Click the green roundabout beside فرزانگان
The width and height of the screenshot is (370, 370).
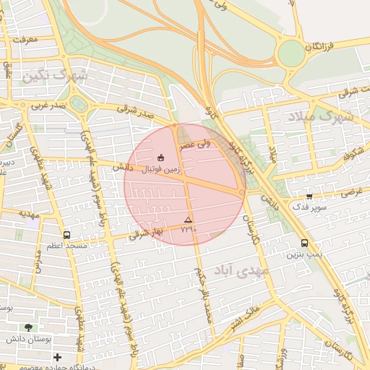(291, 53)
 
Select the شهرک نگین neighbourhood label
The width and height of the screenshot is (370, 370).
(54, 76)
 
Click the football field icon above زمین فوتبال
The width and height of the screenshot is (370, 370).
(160, 158)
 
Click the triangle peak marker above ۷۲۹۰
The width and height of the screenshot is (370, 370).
(189, 219)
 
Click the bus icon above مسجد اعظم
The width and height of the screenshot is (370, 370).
(67, 235)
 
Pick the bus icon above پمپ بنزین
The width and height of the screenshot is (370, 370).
(304, 244)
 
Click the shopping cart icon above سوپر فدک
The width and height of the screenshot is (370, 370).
(309, 196)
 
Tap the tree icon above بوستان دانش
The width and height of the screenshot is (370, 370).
(29, 327)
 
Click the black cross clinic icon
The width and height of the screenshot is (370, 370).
(58, 357)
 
